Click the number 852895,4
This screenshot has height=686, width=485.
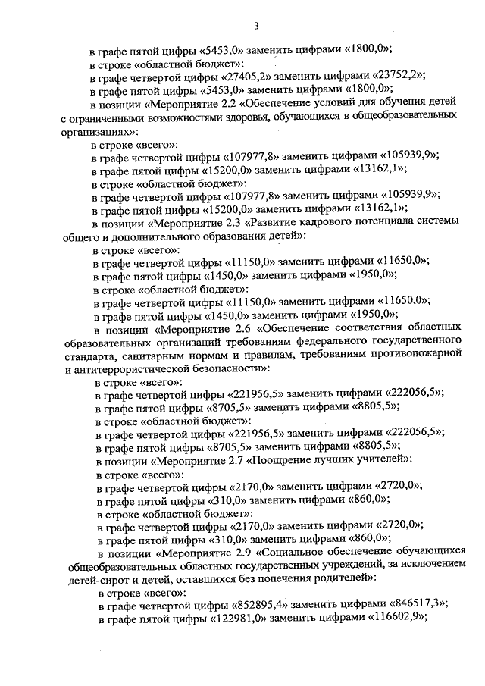coord(257,604)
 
